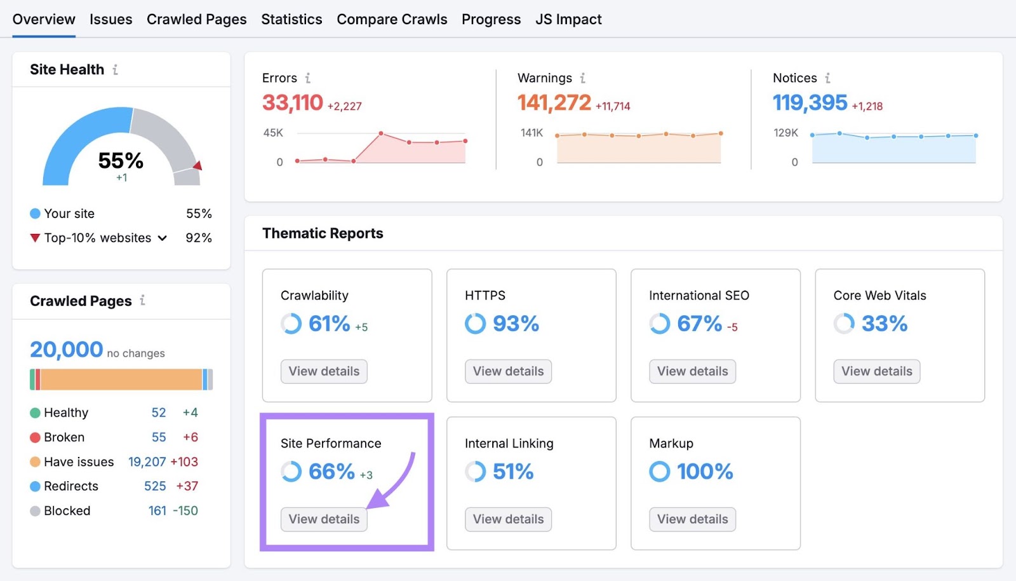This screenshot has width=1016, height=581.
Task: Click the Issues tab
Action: (x=110, y=20)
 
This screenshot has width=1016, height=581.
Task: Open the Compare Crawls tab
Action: (x=392, y=20)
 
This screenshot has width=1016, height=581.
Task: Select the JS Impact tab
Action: (x=568, y=20)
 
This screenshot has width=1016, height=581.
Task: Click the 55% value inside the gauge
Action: (x=121, y=161)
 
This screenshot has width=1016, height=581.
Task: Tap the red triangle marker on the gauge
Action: (x=197, y=166)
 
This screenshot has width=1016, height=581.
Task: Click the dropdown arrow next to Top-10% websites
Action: (x=163, y=238)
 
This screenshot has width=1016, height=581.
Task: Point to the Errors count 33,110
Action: (x=293, y=102)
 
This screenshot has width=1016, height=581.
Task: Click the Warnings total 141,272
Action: (x=554, y=102)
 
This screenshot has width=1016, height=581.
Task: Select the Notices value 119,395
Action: (x=810, y=102)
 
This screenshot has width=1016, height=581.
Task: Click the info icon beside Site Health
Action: (x=115, y=70)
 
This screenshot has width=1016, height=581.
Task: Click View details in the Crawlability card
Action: (x=324, y=371)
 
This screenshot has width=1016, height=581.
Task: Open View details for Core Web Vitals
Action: (x=876, y=371)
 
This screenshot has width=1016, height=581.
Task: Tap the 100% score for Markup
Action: (x=705, y=472)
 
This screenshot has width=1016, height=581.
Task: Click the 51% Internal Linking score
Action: (x=513, y=472)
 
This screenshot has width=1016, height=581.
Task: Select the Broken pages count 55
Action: (x=159, y=437)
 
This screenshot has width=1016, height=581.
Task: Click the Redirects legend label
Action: (x=71, y=486)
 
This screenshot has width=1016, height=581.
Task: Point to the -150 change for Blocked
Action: (x=185, y=511)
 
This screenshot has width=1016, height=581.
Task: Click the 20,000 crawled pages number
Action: (x=66, y=350)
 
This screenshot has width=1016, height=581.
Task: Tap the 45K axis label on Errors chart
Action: (x=273, y=133)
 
